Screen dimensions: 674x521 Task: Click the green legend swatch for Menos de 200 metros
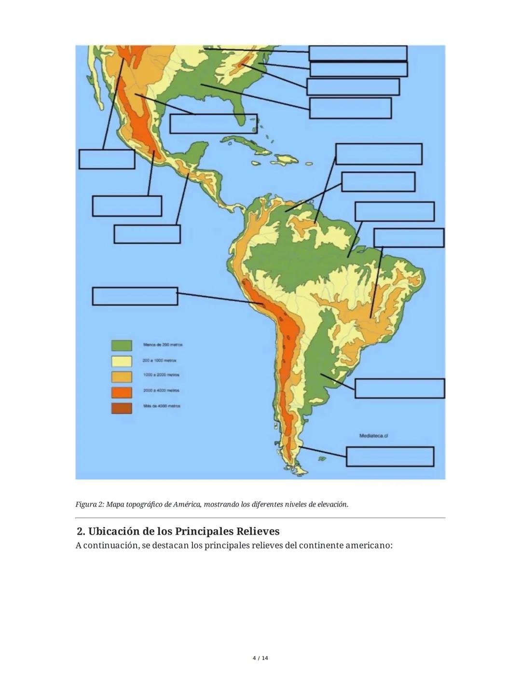point(122,345)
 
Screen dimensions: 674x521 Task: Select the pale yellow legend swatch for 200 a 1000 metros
point(122,361)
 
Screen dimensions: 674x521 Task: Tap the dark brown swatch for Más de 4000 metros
point(122,408)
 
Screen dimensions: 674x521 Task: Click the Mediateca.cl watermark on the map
point(374,436)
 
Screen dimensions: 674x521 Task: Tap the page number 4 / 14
point(260,658)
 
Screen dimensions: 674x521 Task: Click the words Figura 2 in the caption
point(89,505)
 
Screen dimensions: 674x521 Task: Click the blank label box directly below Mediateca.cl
point(390,456)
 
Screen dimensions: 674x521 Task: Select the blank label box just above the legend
point(135,296)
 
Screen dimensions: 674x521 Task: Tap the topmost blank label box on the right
point(357,53)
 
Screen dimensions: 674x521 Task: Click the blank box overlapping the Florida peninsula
point(213,124)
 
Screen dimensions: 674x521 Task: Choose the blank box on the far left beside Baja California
point(107,159)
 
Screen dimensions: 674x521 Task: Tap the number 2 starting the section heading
point(80,532)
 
